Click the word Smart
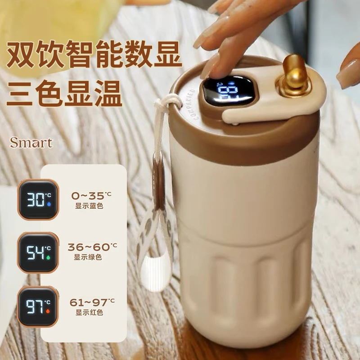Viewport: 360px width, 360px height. pos(31,143)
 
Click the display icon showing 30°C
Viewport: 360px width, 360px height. pos(38,199)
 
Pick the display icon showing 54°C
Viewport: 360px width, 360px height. pos(38,252)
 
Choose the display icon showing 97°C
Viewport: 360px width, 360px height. pos(38,306)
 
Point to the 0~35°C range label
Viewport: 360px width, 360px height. pos(91,195)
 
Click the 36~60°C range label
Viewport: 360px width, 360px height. pos(92,247)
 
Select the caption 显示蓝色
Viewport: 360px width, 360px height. pos(88,206)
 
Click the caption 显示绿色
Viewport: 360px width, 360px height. pos(88,258)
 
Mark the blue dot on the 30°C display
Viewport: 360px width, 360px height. pos(49,203)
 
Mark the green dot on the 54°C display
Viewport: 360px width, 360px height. pos(49,256)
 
